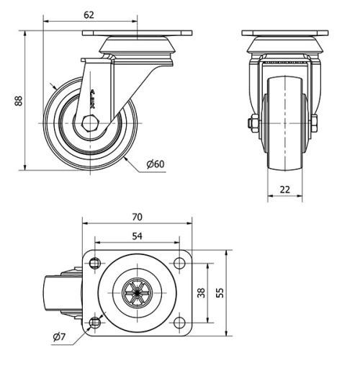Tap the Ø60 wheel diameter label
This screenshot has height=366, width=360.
156,164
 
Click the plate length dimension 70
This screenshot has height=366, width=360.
138,216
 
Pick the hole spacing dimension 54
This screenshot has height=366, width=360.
138,235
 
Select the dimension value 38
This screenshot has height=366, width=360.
202,293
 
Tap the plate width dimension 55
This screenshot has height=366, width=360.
221,293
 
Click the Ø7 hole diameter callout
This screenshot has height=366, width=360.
61,336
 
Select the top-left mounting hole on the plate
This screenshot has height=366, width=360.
95,264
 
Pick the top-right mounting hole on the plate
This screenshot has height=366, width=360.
179,264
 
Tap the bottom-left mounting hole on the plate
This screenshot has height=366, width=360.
95,321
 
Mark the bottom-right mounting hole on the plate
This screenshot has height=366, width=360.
179,321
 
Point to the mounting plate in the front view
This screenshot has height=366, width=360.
286,34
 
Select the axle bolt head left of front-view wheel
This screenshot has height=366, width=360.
252,123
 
